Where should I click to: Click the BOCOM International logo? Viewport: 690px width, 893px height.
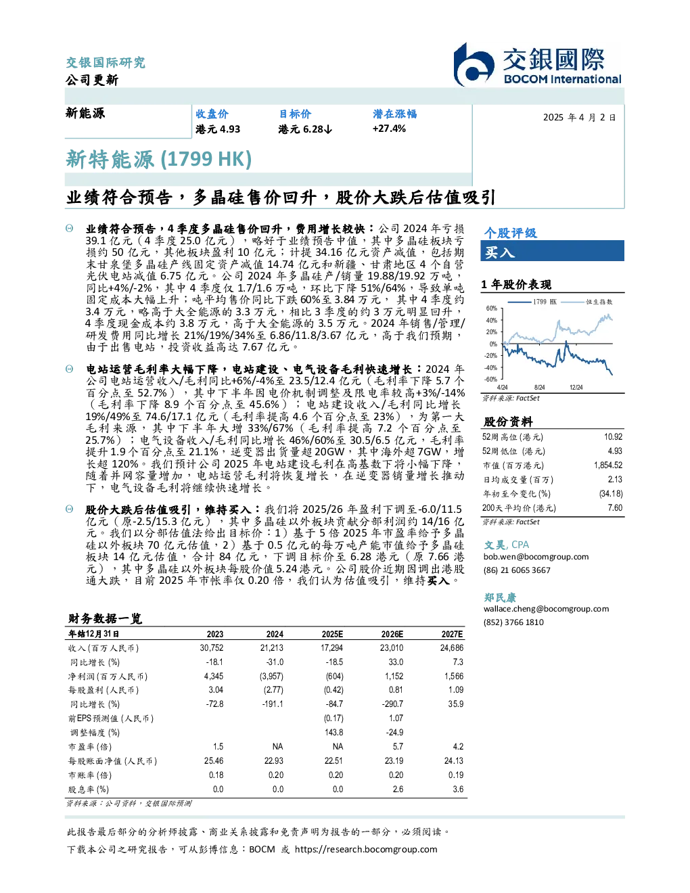[x=537, y=65]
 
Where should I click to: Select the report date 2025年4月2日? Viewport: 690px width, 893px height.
[x=579, y=118]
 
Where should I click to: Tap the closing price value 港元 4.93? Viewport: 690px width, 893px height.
[x=218, y=129]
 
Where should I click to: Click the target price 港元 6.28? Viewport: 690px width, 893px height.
[x=305, y=129]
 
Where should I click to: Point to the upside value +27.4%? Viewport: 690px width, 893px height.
[x=389, y=129]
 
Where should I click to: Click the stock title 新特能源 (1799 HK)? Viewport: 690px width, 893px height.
[x=159, y=159]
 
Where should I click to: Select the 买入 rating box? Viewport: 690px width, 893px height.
[x=552, y=251]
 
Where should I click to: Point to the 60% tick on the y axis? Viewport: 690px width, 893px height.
[x=492, y=308]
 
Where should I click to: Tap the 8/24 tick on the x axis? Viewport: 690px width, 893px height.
[x=540, y=387]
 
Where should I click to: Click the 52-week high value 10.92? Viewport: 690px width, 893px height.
[x=613, y=437]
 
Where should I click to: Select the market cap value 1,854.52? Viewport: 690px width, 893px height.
[x=608, y=465]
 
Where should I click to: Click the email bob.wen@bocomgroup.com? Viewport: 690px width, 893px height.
[x=536, y=557]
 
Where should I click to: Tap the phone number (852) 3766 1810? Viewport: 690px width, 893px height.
[x=513, y=622]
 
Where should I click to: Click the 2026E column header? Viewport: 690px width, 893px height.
[x=392, y=634]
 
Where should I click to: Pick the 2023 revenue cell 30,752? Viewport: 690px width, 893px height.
[x=212, y=648]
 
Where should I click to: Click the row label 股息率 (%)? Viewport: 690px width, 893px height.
[x=89, y=789]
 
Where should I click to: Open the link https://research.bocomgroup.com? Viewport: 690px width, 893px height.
[x=366, y=850]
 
